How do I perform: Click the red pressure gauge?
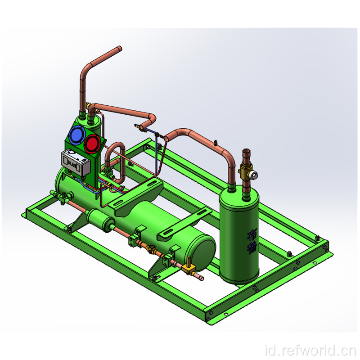click(92, 144)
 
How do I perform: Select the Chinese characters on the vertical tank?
click(251, 242)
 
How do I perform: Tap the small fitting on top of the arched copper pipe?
click(215, 143)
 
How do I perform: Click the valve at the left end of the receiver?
click(63, 196)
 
